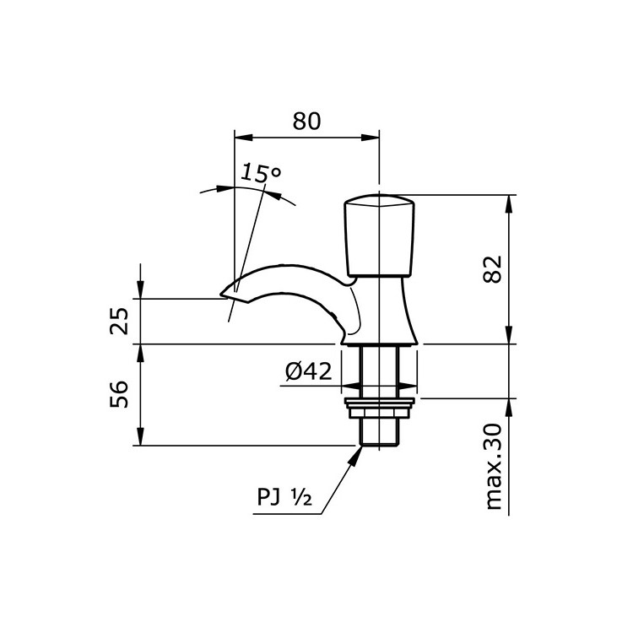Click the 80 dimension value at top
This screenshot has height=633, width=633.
(x=307, y=121)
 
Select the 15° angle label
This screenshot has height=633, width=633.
(x=260, y=174)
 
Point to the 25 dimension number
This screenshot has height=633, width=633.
(x=121, y=322)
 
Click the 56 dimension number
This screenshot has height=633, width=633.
(x=121, y=394)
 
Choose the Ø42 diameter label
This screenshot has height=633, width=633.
(x=308, y=372)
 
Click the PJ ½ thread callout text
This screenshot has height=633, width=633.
(x=285, y=498)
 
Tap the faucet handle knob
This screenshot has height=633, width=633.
(x=381, y=236)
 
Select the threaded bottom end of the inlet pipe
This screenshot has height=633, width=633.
(x=381, y=435)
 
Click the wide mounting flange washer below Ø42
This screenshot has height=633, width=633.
(x=381, y=391)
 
